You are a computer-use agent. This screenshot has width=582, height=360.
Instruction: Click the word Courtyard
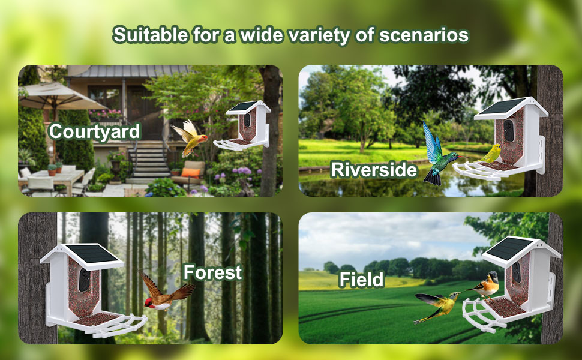(x=94, y=131)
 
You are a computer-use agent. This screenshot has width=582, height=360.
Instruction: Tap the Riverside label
(x=374, y=170)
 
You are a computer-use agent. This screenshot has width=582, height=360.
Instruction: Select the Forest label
(x=212, y=272)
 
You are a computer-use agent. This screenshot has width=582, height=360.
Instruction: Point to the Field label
(x=361, y=279)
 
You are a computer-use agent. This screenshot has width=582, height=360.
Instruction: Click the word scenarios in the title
(x=424, y=35)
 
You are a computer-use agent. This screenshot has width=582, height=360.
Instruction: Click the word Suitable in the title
(x=148, y=35)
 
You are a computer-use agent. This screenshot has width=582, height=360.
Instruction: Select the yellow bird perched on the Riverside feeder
(x=493, y=154)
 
